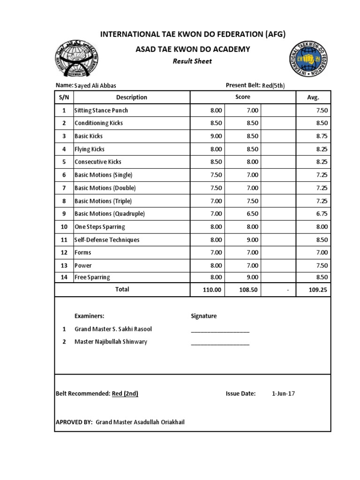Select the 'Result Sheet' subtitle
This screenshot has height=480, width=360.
[192, 61]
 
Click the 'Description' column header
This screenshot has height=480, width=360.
[131, 97]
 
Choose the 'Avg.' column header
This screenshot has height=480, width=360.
[313, 97]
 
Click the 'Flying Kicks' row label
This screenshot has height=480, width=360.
[90, 149]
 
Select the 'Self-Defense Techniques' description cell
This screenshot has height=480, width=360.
[107, 240]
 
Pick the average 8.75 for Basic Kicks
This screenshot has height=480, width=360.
[321, 136]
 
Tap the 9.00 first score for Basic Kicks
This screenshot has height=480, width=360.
[216, 136]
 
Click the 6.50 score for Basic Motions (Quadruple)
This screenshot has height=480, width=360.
[252, 214]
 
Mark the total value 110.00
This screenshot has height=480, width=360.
[211, 290]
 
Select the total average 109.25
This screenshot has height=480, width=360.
[317, 290]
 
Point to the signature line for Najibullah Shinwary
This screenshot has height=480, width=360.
[220, 344]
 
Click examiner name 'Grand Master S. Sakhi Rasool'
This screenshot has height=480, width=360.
[113, 329]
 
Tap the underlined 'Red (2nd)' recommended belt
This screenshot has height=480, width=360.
[125, 394]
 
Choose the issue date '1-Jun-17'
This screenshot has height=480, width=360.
[283, 394]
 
